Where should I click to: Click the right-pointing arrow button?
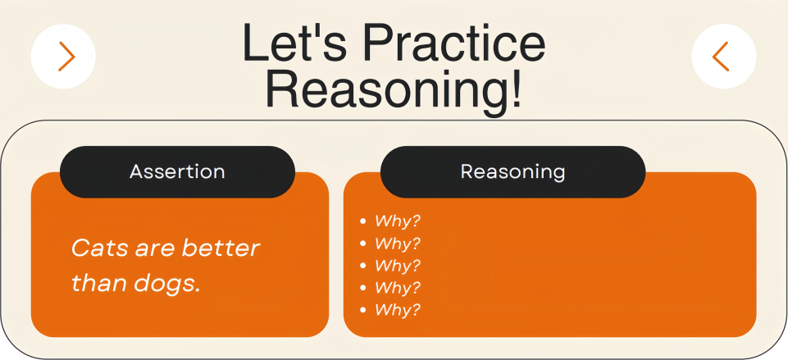pyautogui.click(x=63, y=57)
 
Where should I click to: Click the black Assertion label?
pyautogui.click(x=177, y=172)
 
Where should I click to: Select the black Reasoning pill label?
pyautogui.click(x=512, y=172)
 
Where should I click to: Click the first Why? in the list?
pyautogui.click(x=397, y=221)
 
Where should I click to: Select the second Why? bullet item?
pyautogui.click(x=397, y=244)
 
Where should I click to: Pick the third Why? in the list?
pyautogui.click(x=397, y=266)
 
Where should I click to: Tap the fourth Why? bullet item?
pyautogui.click(x=397, y=288)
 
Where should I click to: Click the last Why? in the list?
pyautogui.click(x=397, y=310)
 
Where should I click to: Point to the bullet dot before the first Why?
pyautogui.click(x=363, y=221)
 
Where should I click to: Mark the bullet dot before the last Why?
pyautogui.click(x=363, y=310)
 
